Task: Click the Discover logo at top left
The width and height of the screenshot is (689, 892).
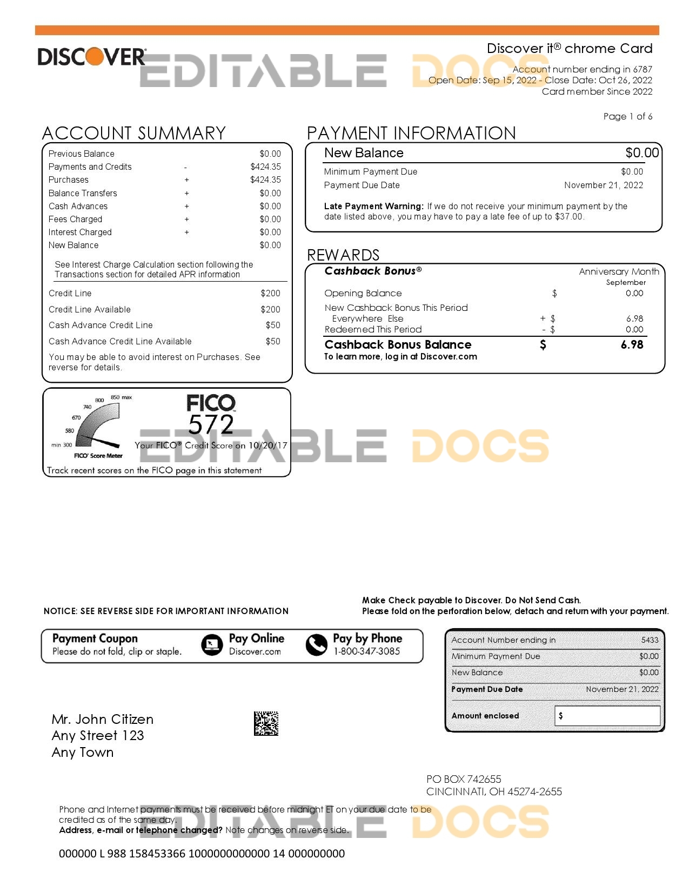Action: (91, 57)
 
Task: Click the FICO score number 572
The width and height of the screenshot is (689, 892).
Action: (211, 425)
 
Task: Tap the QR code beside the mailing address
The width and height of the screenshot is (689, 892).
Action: (266, 723)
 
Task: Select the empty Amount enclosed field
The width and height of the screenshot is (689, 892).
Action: (607, 716)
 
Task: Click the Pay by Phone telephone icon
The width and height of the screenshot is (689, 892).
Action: (316, 644)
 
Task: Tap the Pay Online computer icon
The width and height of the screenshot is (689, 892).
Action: (211, 644)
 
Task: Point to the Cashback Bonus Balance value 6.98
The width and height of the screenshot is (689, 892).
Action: (632, 344)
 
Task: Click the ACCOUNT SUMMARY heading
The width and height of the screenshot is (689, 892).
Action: (133, 133)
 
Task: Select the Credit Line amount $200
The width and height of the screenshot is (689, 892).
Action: (270, 293)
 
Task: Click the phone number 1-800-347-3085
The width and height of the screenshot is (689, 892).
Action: (366, 651)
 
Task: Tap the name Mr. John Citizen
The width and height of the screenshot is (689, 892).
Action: (103, 719)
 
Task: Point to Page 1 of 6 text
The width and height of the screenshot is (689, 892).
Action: (627, 116)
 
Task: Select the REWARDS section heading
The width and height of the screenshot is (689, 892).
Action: (343, 255)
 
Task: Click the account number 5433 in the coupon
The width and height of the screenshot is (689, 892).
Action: (650, 640)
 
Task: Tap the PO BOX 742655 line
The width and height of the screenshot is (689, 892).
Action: (464, 779)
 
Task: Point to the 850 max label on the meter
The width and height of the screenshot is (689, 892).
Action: (121, 397)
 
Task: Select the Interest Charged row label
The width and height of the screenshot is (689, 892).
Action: (80, 232)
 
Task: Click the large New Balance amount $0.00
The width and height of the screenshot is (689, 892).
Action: (642, 153)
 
